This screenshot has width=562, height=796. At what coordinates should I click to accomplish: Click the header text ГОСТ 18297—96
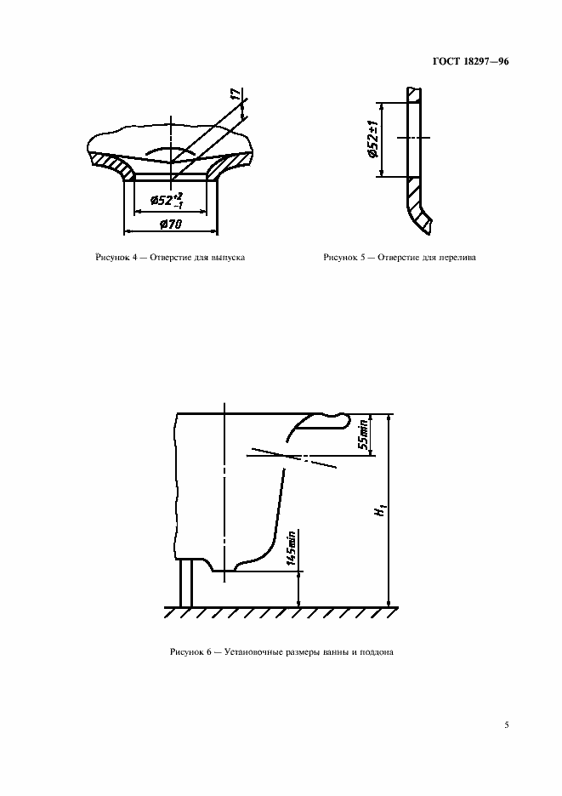[470, 61]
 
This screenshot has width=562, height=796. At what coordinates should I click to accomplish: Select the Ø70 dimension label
[171, 224]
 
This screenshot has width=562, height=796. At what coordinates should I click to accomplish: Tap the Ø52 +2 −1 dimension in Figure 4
[167, 201]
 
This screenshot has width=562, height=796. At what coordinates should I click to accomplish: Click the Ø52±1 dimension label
[373, 139]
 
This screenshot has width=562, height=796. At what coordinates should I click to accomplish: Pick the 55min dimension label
[364, 435]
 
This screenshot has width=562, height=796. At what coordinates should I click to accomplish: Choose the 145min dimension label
[291, 549]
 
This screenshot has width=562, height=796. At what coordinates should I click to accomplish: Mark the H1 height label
[380, 510]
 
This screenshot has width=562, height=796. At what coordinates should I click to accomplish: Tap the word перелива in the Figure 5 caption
[458, 258]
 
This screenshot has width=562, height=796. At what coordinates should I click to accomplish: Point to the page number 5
[506, 725]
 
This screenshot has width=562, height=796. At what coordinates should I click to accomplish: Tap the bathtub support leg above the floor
[186, 583]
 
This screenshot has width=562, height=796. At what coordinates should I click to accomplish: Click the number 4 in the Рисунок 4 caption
[134, 258]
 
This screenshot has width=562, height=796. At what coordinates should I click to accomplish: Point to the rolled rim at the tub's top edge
[319, 424]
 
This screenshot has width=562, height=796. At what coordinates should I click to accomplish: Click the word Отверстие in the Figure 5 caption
[399, 258]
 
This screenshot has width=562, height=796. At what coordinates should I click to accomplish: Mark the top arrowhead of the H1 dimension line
[389, 418]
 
